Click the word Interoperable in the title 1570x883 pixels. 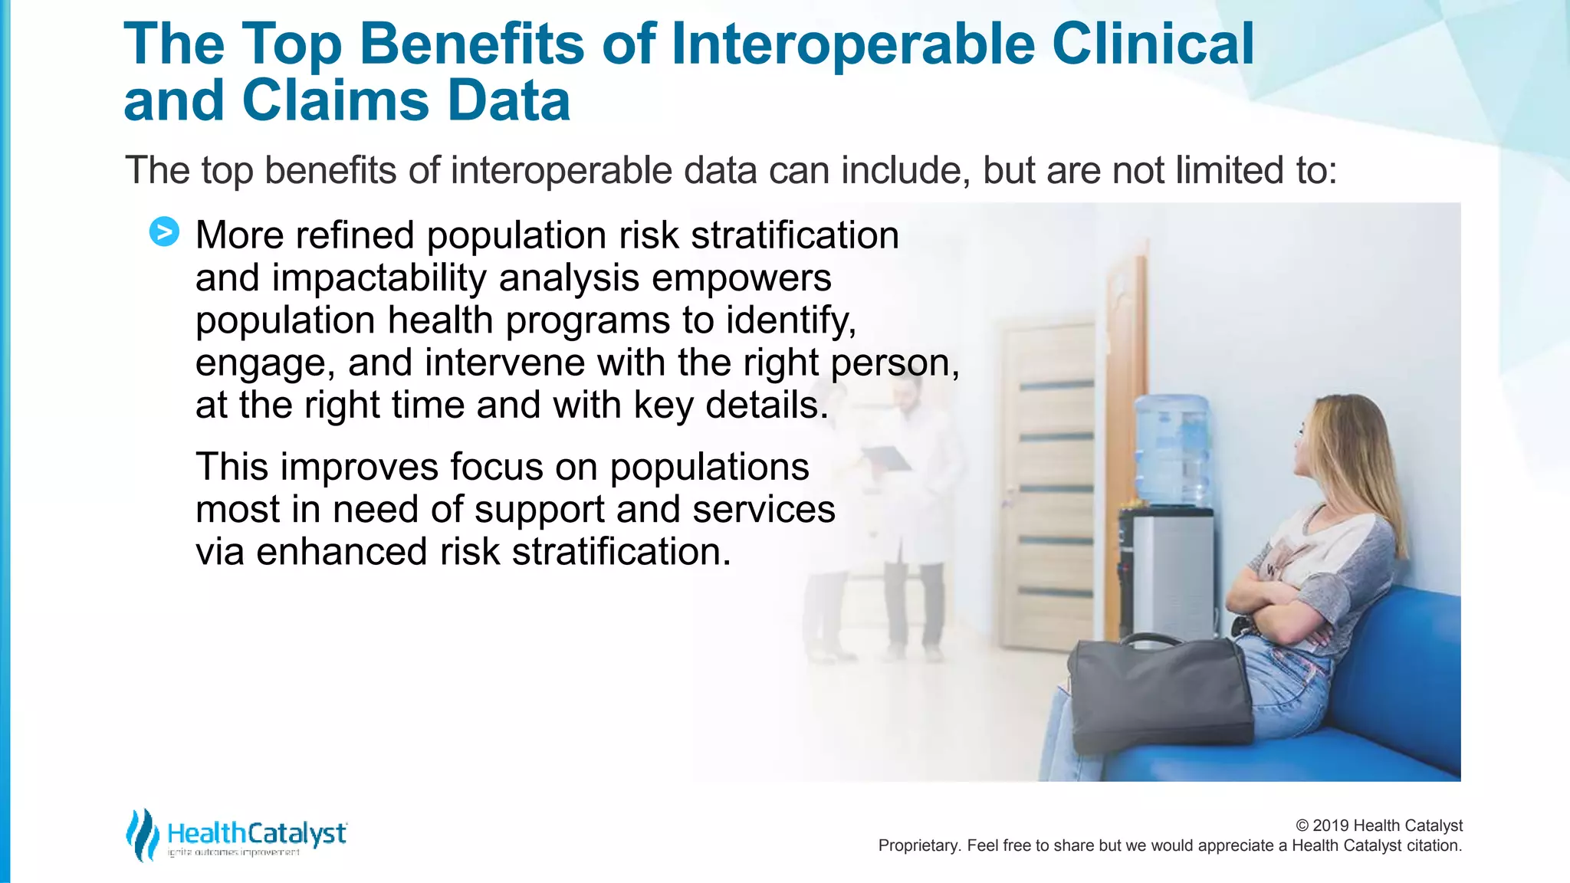click(852, 44)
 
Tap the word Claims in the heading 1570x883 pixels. click(334, 101)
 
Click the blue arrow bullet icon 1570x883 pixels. click(164, 231)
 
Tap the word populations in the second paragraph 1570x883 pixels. click(709, 467)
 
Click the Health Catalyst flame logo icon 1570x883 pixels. click(142, 834)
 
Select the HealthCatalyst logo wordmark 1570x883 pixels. click(257, 833)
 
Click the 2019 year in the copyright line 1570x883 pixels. click(1330, 826)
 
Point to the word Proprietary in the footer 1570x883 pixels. click(918, 845)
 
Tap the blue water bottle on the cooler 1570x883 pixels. click(1171, 448)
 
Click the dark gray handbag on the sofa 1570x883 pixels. click(1158, 694)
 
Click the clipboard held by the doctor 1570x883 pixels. click(886, 458)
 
